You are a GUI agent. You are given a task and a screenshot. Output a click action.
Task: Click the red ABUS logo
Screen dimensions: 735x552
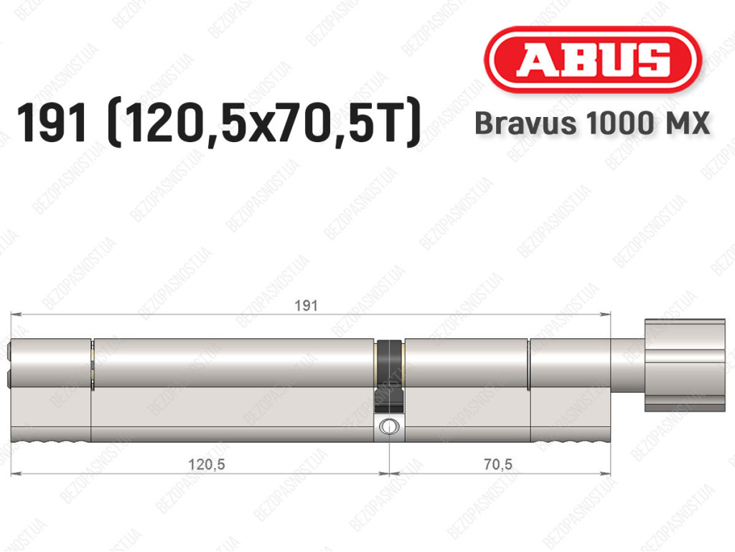pos(592,60)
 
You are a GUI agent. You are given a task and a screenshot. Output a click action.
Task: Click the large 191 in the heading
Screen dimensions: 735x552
pos(52,123)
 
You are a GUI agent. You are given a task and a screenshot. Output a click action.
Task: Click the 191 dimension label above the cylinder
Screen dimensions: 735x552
pos(306,306)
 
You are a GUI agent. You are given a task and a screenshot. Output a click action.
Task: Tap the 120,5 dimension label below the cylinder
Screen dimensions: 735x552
pos(206,464)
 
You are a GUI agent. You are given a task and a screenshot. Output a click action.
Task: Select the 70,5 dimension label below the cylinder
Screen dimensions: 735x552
pos(498,464)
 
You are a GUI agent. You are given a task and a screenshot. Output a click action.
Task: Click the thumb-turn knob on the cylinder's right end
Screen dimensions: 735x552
pos(685,365)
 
